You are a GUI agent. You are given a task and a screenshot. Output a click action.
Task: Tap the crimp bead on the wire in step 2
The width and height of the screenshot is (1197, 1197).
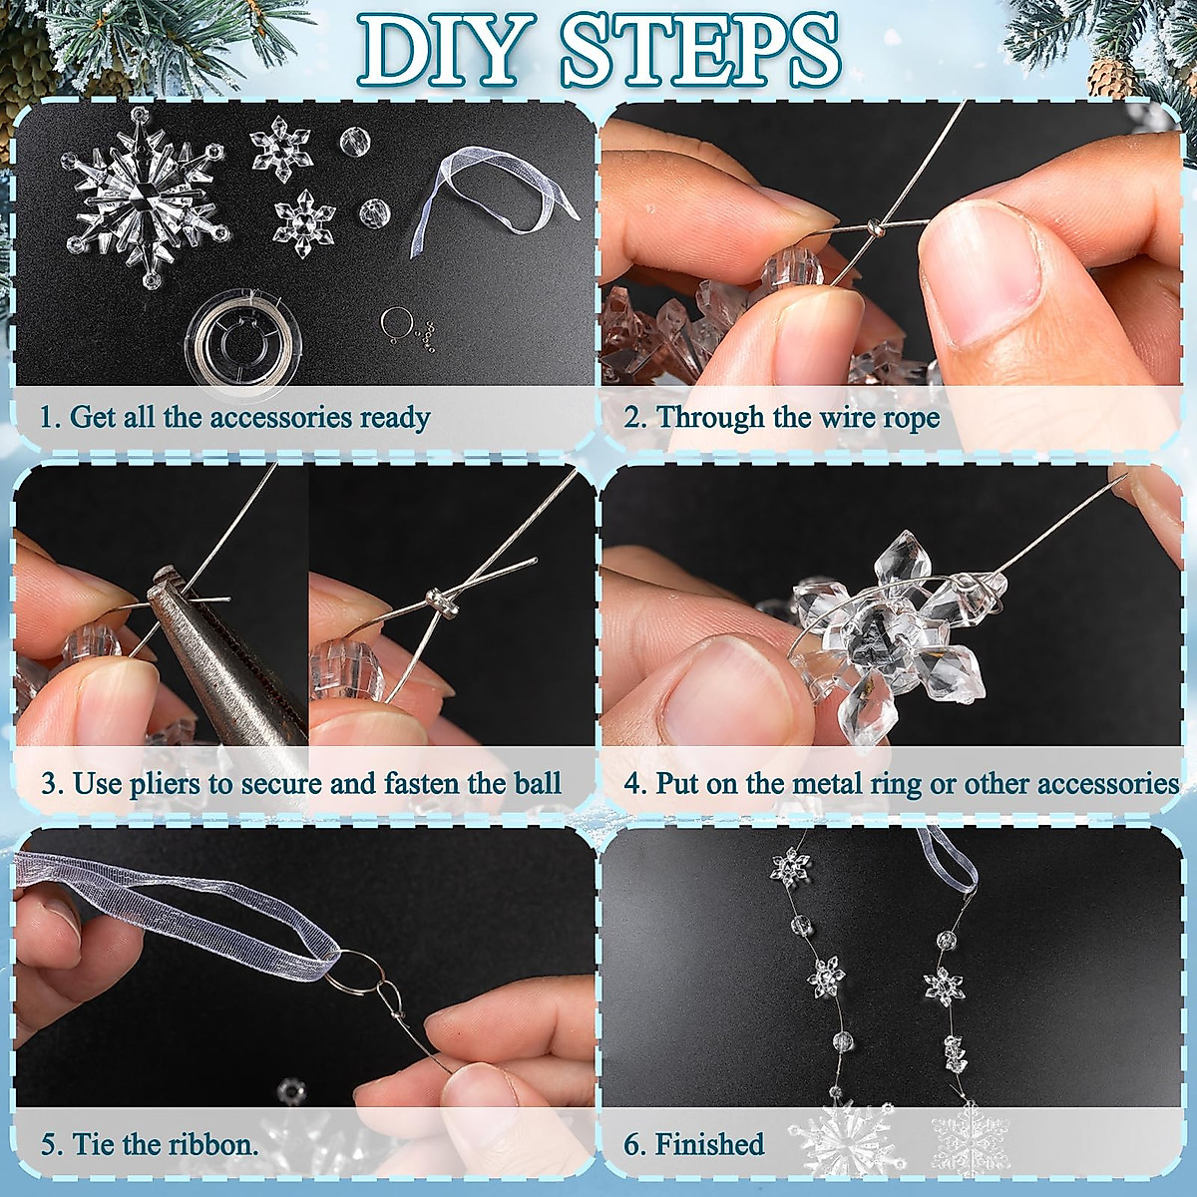coord(876,228)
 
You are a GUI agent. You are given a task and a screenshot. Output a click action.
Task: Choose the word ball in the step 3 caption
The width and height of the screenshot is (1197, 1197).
coord(538,783)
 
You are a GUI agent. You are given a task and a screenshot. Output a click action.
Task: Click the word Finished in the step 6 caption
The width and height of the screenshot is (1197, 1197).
coord(709,1143)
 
